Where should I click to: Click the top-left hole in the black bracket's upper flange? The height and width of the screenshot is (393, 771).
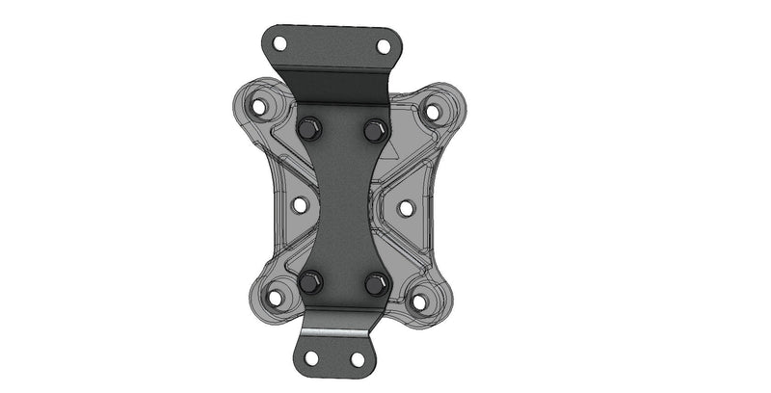[x=279, y=43]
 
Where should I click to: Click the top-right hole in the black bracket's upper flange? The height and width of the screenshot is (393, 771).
[x=383, y=46]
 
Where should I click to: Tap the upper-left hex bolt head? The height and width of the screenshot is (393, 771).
[x=309, y=128]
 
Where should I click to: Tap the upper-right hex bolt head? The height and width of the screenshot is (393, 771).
[x=375, y=129]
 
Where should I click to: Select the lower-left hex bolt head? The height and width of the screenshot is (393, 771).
[x=309, y=282]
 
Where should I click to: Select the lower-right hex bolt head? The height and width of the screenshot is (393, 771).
[x=376, y=283]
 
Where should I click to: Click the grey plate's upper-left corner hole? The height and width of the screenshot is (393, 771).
[x=258, y=106]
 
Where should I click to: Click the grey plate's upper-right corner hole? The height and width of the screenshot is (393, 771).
[x=433, y=112]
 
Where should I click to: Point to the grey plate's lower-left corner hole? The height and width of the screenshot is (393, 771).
[x=275, y=298]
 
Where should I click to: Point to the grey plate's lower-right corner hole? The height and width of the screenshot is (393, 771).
[x=419, y=301]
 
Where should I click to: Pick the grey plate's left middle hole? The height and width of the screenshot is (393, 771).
[x=299, y=205]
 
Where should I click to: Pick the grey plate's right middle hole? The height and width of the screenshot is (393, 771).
[x=406, y=207]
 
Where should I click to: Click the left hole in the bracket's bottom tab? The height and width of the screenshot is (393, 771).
[x=311, y=357]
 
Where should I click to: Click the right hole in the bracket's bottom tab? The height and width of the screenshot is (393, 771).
[x=357, y=359]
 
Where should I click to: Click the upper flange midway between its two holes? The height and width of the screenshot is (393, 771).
[x=332, y=45]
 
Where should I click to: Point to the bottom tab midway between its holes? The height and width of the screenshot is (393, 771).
[x=334, y=358]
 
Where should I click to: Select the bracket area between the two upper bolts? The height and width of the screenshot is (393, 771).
[x=342, y=129]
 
